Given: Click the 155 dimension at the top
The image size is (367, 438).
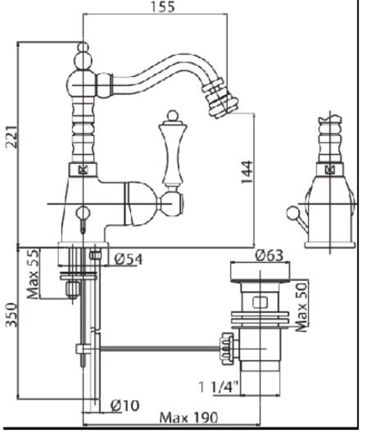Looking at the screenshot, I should coord(162,7).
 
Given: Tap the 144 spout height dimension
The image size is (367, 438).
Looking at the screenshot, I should coord(247,172).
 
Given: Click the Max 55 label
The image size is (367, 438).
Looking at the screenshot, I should coord(32,274).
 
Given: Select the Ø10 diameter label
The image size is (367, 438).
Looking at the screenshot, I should coord(125,405).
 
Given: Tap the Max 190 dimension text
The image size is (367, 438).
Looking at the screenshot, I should coord(188,418).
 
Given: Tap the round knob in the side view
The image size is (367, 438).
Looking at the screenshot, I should coord(292,213).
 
